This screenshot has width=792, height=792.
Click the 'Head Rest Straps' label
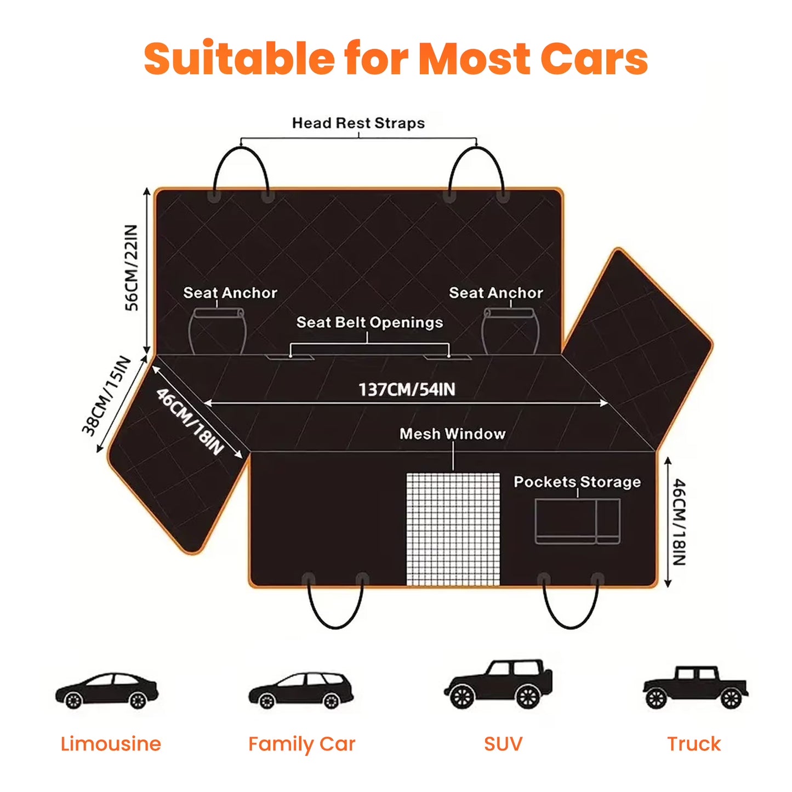(x=358, y=123)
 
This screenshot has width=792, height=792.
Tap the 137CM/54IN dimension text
(x=407, y=390)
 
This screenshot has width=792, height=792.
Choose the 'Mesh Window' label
(x=453, y=434)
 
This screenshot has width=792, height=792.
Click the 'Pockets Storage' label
(x=577, y=482)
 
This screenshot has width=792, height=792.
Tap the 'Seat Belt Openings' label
(x=370, y=323)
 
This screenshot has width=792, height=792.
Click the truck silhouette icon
(x=695, y=687)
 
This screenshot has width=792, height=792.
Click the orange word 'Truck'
(x=694, y=755)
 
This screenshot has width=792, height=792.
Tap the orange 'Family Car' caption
(x=301, y=756)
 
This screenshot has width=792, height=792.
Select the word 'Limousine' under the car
(x=111, y=755)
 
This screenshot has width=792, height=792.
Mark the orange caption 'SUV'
(x=503, y=755)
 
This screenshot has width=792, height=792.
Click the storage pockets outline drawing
(x=578, y=521)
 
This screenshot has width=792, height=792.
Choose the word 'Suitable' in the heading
(x=238, y=58)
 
